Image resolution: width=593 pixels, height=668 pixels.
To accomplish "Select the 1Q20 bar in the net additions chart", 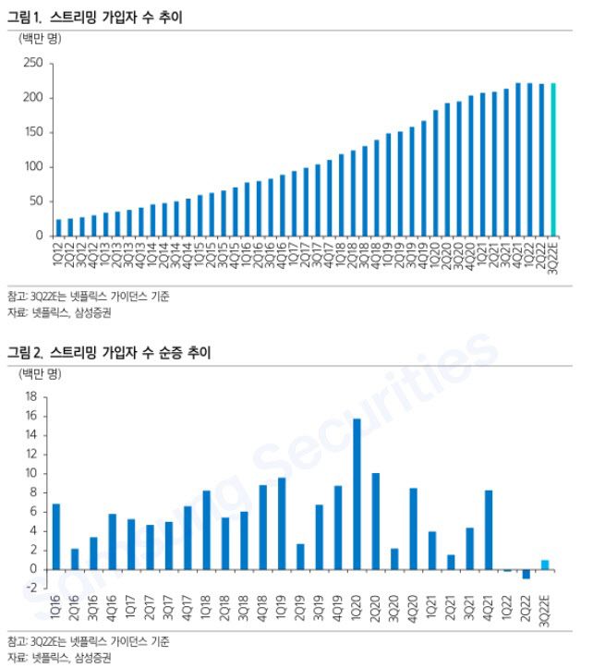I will pyautogui.click(x=357, y=493).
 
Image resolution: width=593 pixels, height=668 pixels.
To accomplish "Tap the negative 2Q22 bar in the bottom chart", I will pyautogui.click(x=526, y=574).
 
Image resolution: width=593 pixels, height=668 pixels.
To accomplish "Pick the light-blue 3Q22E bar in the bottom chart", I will pyautogui.click(x=545, y=565).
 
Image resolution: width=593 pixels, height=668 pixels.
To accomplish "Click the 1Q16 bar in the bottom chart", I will pyautogui.click(x=56, y=536).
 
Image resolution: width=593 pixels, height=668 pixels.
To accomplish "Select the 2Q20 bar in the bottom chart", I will pyautogui.click(x=375, y=521).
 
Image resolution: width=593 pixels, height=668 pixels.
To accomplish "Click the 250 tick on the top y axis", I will pyautogui.click(x=33, y=64).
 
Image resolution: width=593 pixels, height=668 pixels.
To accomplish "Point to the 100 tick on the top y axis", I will pyautogui.click(x=33, y=167).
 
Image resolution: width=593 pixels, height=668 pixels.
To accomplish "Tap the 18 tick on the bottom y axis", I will pyautogui.click(x=30, y=396).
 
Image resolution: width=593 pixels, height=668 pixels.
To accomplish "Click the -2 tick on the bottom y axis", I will pyautogui.click(x=30, y=589).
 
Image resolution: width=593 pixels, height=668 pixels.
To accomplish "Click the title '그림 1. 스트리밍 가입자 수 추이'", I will pyautogui.click(x=96, y=16).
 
